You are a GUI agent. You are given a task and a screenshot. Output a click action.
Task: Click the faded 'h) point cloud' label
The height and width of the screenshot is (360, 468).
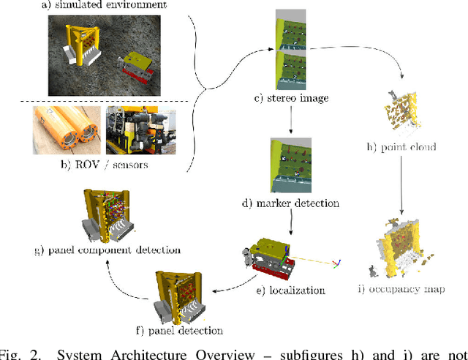click(x=401, y=147)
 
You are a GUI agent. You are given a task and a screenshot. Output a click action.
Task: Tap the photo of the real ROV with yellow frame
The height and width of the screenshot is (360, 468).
click(x=141, y=130)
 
